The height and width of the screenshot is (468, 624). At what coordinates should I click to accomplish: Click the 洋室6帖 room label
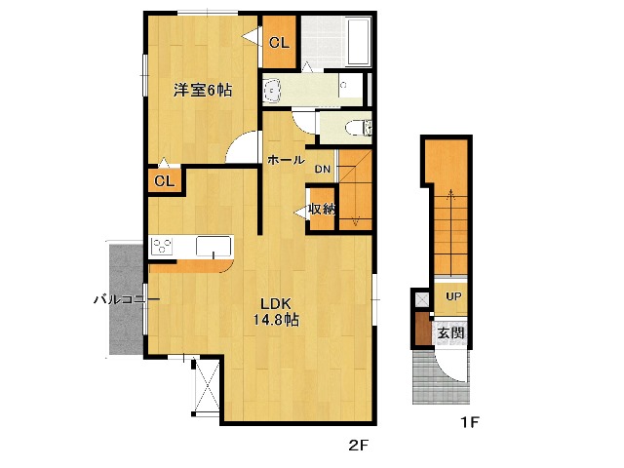tap(203, 91)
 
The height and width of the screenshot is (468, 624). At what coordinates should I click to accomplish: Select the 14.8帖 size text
tap(276, 320)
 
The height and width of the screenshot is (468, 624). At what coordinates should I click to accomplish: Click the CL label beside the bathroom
tap(279, 42)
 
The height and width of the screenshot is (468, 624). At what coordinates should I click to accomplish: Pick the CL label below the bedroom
tap(164, 181)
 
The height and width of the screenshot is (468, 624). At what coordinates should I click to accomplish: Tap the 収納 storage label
tap(322, 209)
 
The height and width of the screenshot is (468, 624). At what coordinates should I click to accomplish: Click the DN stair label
tap(323, 170)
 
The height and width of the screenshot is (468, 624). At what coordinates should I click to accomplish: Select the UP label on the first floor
tap(453, 296)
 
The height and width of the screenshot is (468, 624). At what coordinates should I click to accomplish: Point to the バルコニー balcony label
tap(119, 299)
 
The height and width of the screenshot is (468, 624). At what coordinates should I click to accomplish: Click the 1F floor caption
tap(471, 424)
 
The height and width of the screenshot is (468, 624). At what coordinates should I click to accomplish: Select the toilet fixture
tap(352, 128)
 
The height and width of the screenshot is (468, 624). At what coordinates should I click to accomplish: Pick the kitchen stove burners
tap(162, 247)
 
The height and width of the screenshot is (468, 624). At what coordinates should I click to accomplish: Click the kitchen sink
tap(213, 247)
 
